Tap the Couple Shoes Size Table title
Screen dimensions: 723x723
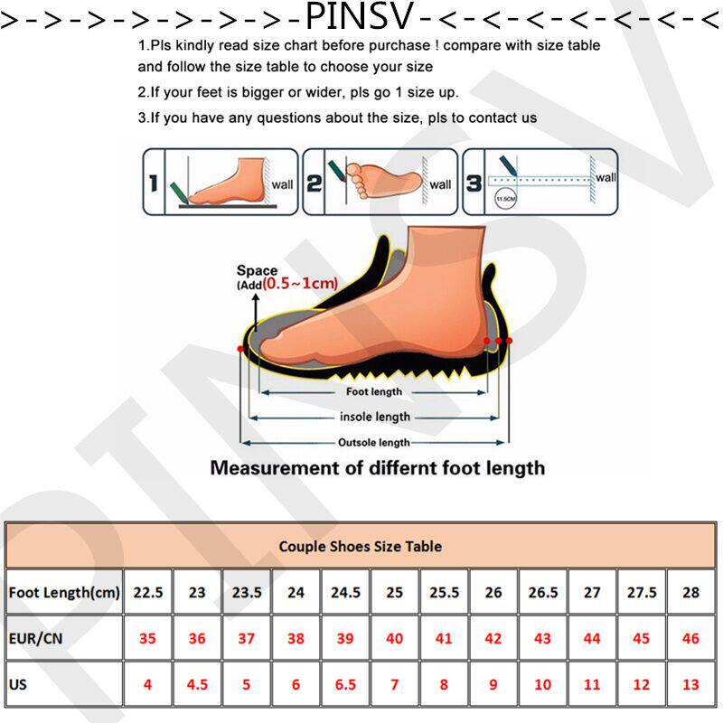point(360,546)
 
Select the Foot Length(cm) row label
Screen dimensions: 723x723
point(64,593)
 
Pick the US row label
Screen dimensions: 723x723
point(18,684)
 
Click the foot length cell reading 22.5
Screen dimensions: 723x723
point(147,593)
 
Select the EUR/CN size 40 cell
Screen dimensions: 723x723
point(394,638)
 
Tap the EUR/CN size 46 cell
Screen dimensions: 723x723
point(690,638)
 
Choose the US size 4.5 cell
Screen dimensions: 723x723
point(197,685)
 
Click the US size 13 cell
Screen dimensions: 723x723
point(690,685)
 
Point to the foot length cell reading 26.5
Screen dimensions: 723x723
point(542,593)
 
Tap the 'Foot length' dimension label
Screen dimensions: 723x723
point(374,392)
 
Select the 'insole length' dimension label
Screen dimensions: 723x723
point(374,417)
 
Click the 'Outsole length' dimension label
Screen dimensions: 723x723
point(374,442)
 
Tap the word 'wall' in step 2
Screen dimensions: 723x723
point(440,184)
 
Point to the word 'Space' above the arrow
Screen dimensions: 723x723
point(257,270)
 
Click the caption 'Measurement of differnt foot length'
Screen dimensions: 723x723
point(378,468)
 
